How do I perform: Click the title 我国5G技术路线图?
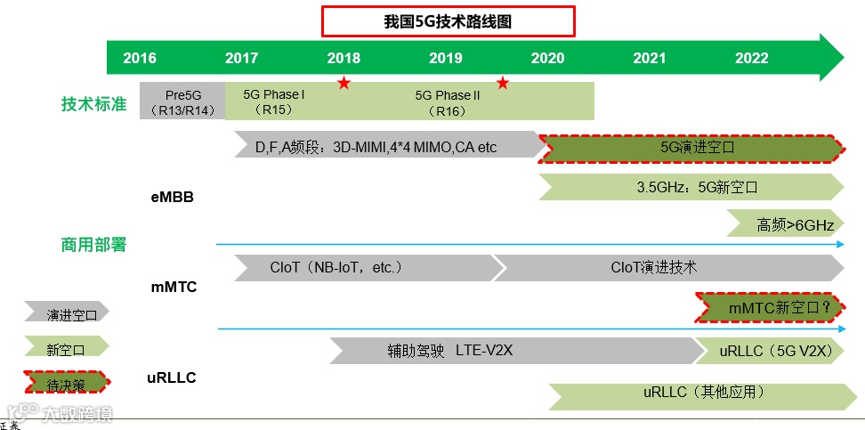448,22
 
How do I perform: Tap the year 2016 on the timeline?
140,59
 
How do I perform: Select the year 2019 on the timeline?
446,59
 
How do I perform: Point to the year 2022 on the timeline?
752,59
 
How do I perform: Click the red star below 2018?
344,84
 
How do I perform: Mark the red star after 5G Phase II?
503,84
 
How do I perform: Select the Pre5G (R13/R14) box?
182,101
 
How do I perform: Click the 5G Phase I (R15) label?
273,101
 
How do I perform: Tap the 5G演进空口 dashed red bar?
691,148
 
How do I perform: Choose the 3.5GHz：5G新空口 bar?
691,187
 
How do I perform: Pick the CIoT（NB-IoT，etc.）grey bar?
365,267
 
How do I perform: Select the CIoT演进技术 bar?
667,267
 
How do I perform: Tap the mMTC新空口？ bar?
769,307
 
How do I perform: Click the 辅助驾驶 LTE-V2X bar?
512,351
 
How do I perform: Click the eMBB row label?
172,198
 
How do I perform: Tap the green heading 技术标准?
93,104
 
